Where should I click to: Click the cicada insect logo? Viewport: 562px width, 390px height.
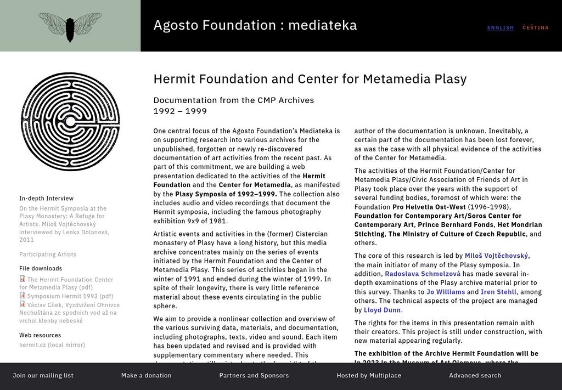tap(70, 26)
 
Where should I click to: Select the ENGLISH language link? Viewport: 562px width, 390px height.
tap(501, 28)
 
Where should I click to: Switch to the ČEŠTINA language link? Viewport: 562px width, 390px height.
tap(535, 28)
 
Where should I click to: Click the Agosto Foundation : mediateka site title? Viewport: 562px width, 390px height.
tap(255, 25)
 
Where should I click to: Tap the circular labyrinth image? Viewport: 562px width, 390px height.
tap(70, 122)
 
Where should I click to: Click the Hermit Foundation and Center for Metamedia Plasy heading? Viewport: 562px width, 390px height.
tap(310, 79)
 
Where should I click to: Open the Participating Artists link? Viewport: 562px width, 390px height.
tap(48, 255)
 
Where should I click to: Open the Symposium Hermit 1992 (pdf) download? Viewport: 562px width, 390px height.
tap(70, 296)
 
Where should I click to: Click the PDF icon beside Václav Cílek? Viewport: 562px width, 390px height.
tap(23, 304)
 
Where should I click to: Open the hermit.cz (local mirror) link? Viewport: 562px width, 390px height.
tap(52, 345)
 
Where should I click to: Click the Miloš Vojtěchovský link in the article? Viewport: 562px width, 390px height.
tap(496, 256)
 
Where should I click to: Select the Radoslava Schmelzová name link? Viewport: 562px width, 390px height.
tap(423, 274)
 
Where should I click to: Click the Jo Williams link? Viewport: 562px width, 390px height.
tap(445, 292)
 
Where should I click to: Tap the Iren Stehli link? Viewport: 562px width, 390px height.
tap(498, 292)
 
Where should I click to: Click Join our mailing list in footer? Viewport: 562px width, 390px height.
tap(43, 376)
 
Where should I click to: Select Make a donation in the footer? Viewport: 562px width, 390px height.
tap(147, 376)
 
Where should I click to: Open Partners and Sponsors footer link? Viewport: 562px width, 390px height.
tap(254, 376)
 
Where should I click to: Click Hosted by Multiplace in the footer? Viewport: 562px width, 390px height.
tap(369, 376)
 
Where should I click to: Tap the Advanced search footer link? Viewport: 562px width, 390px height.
tap(475, 376)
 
